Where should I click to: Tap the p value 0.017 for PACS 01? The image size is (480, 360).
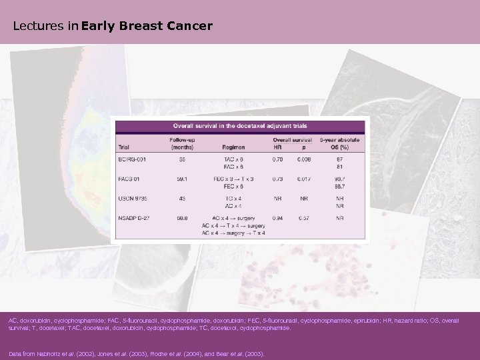click(303, 179)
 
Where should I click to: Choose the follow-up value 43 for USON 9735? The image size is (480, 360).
click(181, 198)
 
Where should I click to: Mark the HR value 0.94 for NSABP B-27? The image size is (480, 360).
click(278, 217)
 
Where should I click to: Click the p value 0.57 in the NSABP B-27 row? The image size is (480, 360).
click(303, 217)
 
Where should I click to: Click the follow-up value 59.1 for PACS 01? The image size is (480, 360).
click(181, 179)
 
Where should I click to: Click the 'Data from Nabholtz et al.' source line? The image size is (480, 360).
click(137, 354)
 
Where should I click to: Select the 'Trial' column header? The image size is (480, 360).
click(124, 147)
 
